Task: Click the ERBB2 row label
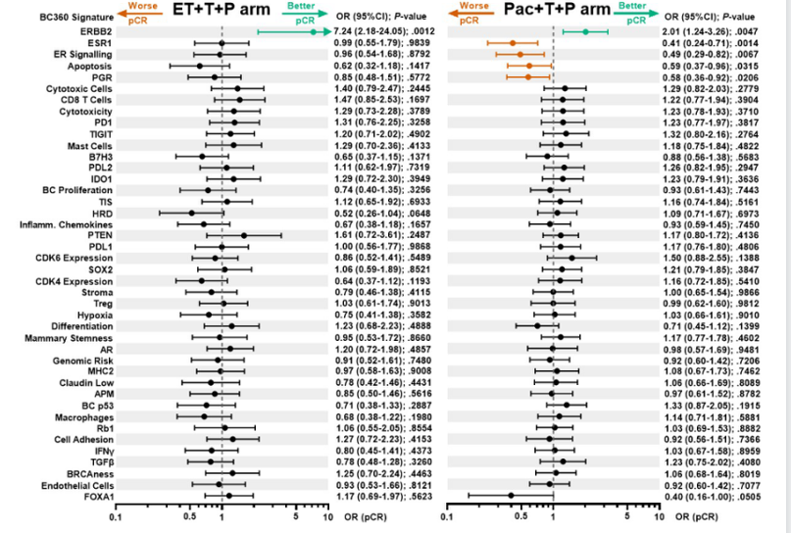point(95,32)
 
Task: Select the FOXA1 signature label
point(95,496)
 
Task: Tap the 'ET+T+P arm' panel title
point(224,12)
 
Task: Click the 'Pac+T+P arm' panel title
point(554,12)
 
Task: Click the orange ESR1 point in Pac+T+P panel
point(513,43)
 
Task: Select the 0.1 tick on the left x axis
point(117,517)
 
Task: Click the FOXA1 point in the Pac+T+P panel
point(512,496)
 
